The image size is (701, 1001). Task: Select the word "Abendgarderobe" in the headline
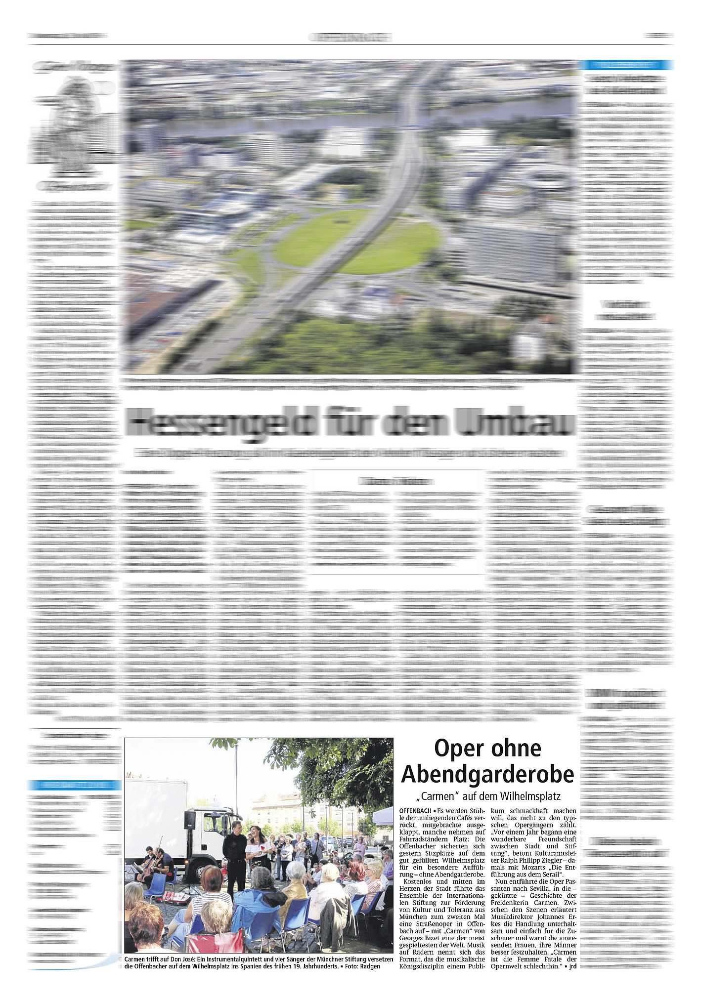[x=487, y=774]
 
